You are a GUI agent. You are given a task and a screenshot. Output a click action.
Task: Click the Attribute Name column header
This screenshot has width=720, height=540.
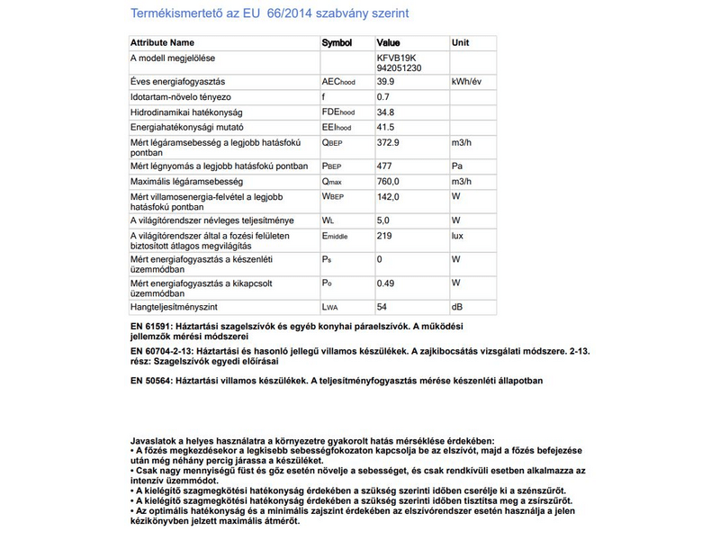162,42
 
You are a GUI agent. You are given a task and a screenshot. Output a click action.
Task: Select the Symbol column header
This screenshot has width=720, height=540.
337,42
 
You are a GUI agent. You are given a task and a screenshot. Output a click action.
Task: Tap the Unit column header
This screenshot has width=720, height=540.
461,42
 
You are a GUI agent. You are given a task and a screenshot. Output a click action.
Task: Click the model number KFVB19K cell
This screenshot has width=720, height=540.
396,58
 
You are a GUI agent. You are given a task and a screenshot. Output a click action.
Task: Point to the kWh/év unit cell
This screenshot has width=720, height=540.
468,81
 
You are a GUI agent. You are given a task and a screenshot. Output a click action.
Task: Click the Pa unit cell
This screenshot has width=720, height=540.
457,166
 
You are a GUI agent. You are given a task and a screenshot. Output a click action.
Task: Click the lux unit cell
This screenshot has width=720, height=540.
459,236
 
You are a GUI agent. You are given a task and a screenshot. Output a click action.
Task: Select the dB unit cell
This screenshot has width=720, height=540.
458,307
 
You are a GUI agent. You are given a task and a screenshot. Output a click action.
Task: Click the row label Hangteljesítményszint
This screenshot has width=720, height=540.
176,307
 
